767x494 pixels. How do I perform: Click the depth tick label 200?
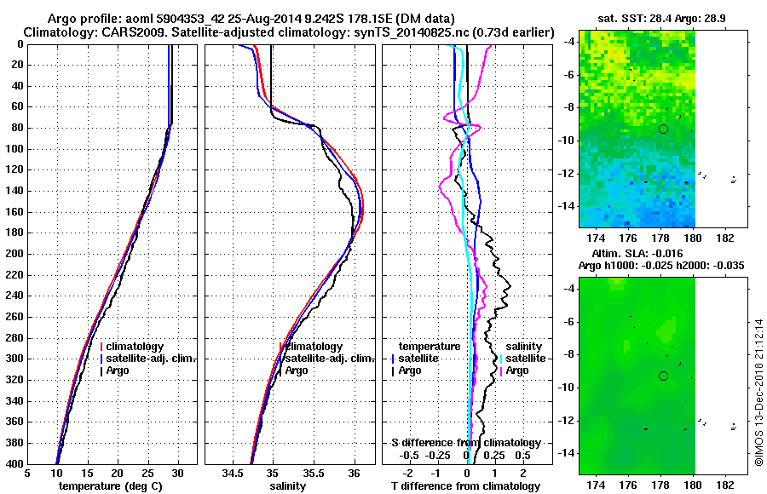point(14,254)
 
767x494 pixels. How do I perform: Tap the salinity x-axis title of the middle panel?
point(288,486)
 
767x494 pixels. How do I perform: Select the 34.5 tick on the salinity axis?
point(233,474)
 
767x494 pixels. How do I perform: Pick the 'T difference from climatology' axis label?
point(465,486)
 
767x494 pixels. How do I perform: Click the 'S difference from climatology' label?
point(465,443)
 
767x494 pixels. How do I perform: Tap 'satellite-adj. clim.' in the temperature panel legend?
point(151,359)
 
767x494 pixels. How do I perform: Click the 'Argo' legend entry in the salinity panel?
point(297,370)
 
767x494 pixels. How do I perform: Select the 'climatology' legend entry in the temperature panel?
point(136,347)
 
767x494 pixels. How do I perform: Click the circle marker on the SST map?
point(664,129)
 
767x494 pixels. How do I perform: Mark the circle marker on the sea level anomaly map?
point(664,376)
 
